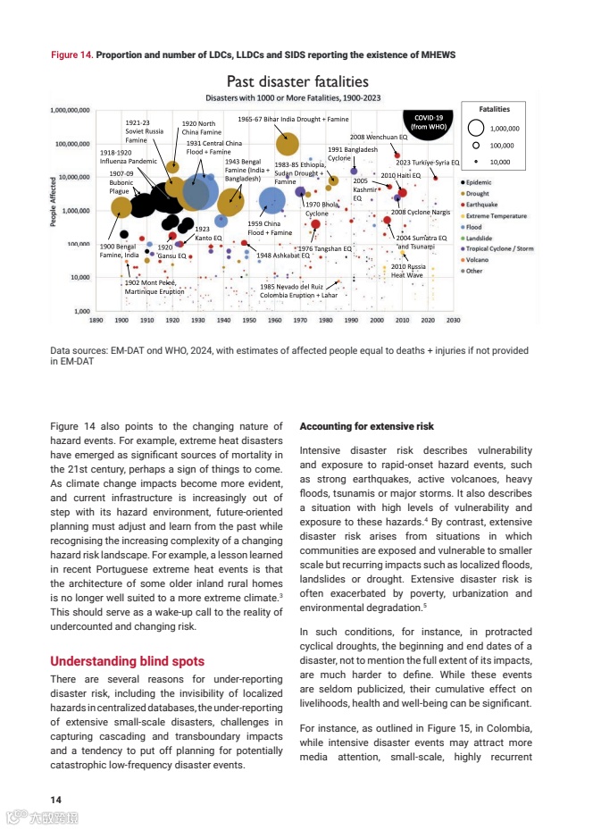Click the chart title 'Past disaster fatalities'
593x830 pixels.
click(x=297, y=82)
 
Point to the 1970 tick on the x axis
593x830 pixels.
click(x=300, y=318)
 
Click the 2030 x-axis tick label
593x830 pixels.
click(x=453, y=318)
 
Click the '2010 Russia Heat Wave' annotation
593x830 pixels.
click(x=407, y=271)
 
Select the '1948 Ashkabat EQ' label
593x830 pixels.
click(x=282, y=256)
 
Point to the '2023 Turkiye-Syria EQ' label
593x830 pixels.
click(x=427, y=163)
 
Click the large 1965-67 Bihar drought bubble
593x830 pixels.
click(x=288, y=141)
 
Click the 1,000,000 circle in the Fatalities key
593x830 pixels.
click(x=477, y=128)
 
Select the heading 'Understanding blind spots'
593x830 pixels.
click(x=127, y=662)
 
